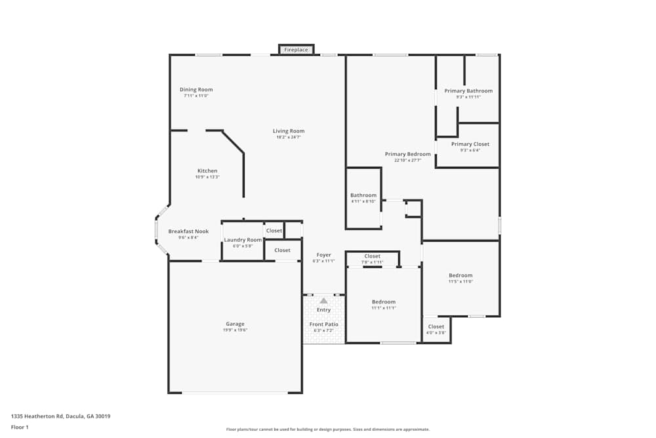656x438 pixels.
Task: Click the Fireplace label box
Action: click(296, 50)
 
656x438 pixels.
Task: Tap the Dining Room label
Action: click(196, 90)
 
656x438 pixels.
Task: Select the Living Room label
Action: click(289, 131)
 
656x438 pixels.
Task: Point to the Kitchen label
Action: click(207, 171)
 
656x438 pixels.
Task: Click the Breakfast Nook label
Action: click(188, 231)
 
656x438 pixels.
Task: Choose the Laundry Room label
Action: click(243, 240)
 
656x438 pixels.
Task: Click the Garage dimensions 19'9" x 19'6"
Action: click(235, 330)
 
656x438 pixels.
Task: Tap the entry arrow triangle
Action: click(323, 301)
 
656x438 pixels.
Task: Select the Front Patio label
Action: click(324, 324)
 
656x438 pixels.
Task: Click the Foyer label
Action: click(324, 255)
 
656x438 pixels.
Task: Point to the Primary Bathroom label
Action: click(468, 91)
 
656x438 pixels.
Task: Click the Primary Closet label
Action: click(470, 144)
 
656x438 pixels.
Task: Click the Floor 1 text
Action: click(20, 427)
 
